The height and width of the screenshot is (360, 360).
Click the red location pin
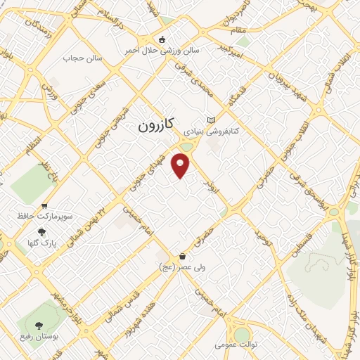click(181, 165)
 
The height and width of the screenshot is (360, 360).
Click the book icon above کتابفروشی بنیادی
click(212, 120)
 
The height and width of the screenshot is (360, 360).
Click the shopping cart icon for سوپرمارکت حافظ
click(45, 206)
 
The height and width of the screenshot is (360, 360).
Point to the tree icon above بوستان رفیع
click(37, 326)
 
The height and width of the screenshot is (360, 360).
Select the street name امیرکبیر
click(231, 50)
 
